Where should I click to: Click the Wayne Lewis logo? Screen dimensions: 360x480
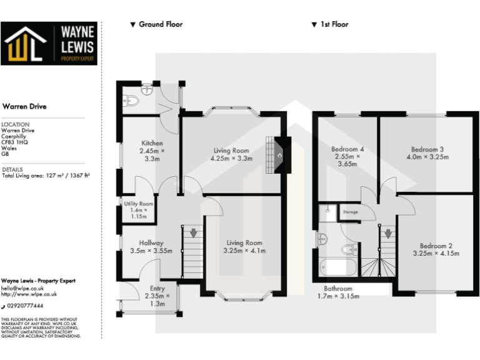(49, 44)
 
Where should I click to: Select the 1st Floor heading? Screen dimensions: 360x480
(330, 24)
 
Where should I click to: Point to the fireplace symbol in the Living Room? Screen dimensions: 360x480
(279, 154)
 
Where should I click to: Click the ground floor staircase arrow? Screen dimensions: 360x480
(193, 233)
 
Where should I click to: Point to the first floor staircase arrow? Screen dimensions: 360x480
(389, 234)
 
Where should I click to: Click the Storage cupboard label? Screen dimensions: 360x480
(350, 212)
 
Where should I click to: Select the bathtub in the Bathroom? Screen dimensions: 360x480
(336, 268)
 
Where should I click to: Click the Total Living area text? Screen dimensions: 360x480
(46, 176)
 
